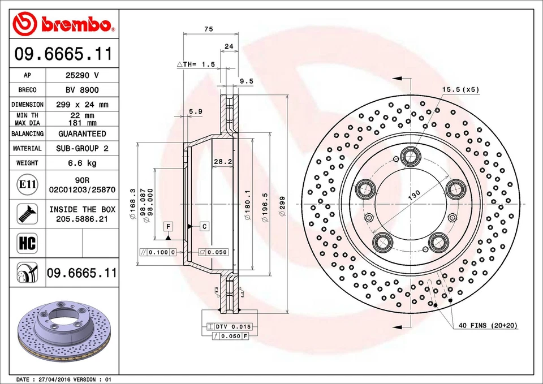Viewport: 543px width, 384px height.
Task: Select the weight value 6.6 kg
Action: [82, 163]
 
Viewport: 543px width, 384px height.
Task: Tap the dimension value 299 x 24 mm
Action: [82, 105]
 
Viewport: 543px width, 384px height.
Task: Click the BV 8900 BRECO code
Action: [82, 90]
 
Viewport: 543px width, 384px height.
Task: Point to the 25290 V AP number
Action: [82, 75]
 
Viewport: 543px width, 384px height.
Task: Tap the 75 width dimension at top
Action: [208, 29]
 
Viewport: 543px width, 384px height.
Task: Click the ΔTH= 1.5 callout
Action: [196, 65]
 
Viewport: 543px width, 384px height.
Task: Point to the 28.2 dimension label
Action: [223, 162]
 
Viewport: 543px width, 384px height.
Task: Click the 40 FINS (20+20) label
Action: [488, 326]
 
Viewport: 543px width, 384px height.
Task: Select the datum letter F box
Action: [168, 227]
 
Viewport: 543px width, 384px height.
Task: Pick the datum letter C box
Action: [204, 227]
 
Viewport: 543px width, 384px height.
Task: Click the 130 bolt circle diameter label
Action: [415, 195]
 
